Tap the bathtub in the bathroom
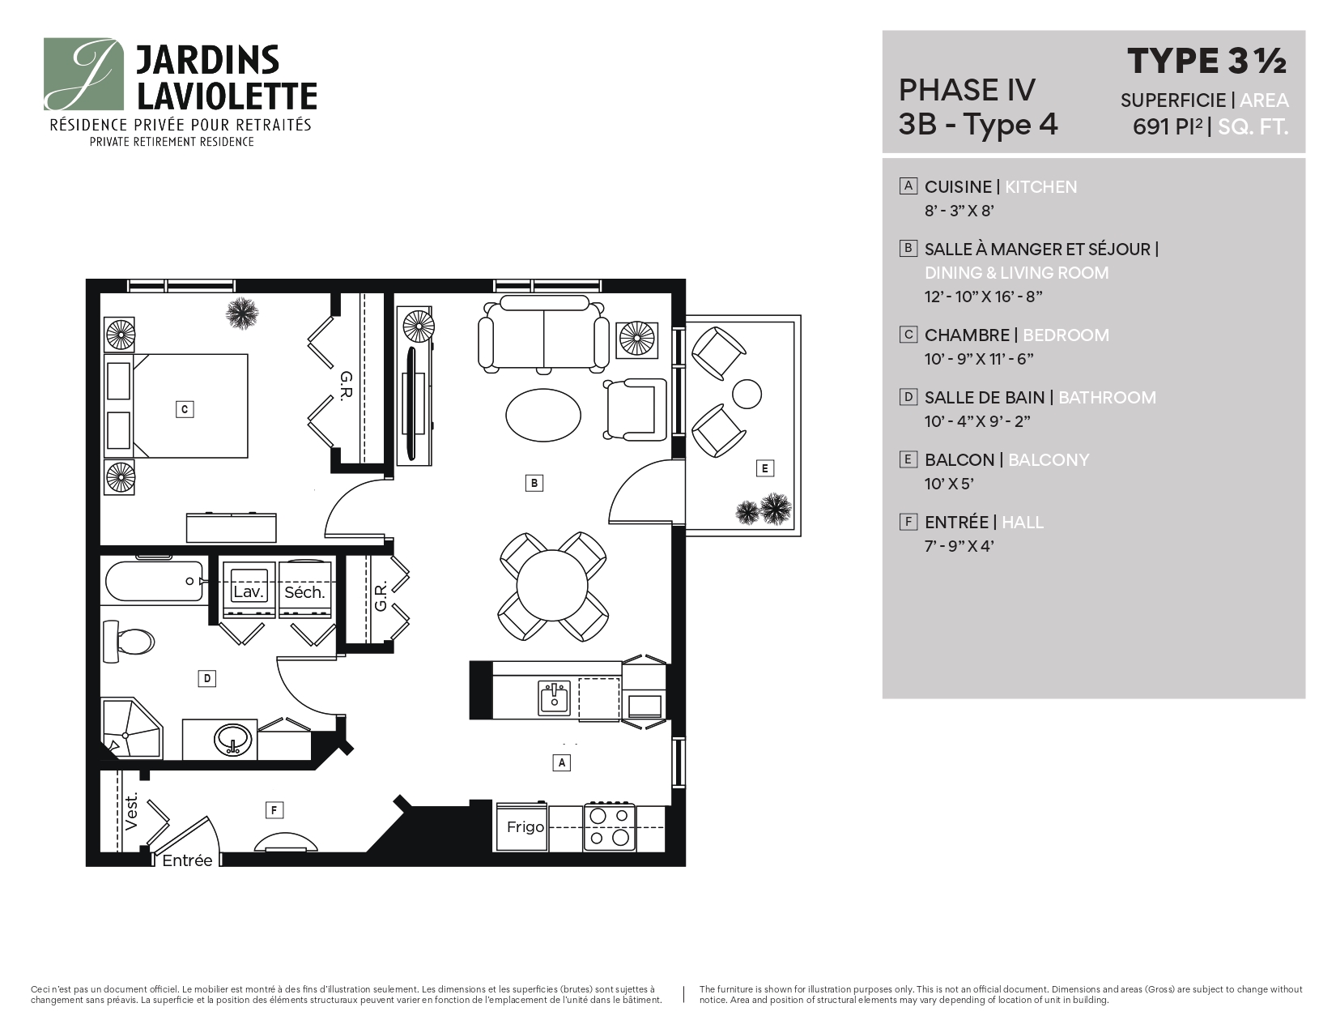pyautogui.click(x=154, y=582)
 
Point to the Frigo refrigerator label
pyautogui.click(x=525, y=827)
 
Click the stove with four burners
pyautogui.click(x=609, y=826)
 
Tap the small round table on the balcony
pyautogui.click(x=747, y=395)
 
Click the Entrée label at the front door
pyautogui.click(x=187, y=860)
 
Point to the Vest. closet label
pyautogui.click(x=133, y=811)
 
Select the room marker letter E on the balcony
pyautogui.click(x=764, y=467)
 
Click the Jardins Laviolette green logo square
pyautogui.click(x=83, y=74)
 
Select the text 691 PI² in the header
pyautogui.click(x=1168, y=127)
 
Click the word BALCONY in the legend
pyautogui.click(x=1049, y=459)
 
